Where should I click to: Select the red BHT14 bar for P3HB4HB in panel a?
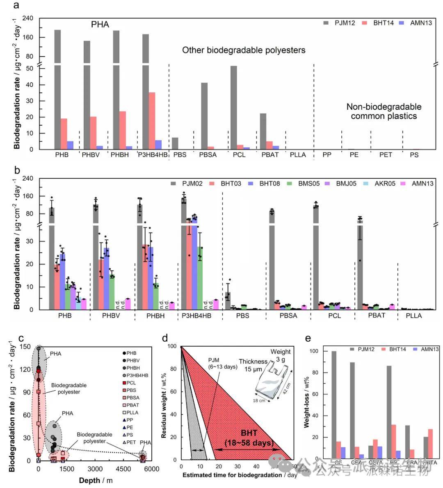point(152,121)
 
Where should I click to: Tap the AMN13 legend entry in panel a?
point(416,23)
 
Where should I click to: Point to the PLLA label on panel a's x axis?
point(298,155)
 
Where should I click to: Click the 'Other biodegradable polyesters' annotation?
point(244,50)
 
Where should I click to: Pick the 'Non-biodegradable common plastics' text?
point(384,111)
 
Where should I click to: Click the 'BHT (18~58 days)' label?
point(249,438)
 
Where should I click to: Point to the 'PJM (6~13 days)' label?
point(223,363)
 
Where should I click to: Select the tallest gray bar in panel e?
point(334,405)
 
